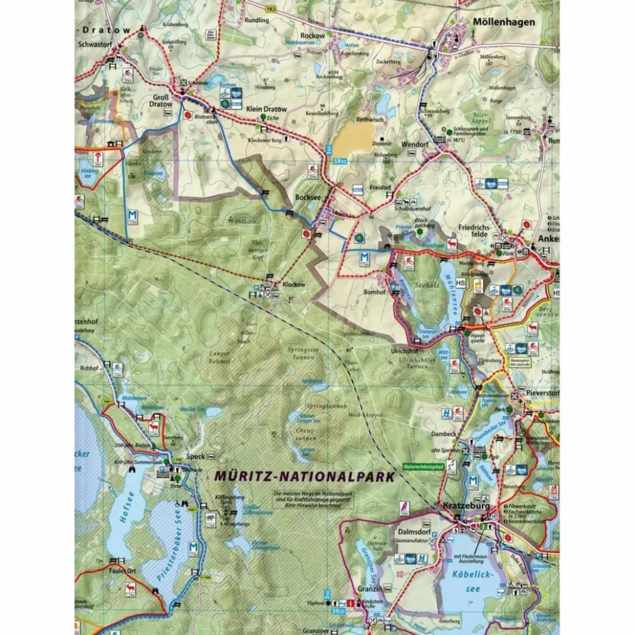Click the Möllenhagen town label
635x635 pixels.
(x=504, y=22)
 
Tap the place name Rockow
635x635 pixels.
(x=313, y=36)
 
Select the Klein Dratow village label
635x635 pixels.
(x=266, y=109)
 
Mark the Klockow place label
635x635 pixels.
(x=294, y=285)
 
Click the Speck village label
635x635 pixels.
(x=197, y=455)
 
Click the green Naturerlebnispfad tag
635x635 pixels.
(x=423, y=466)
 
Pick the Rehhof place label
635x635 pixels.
(x=89, y=369)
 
